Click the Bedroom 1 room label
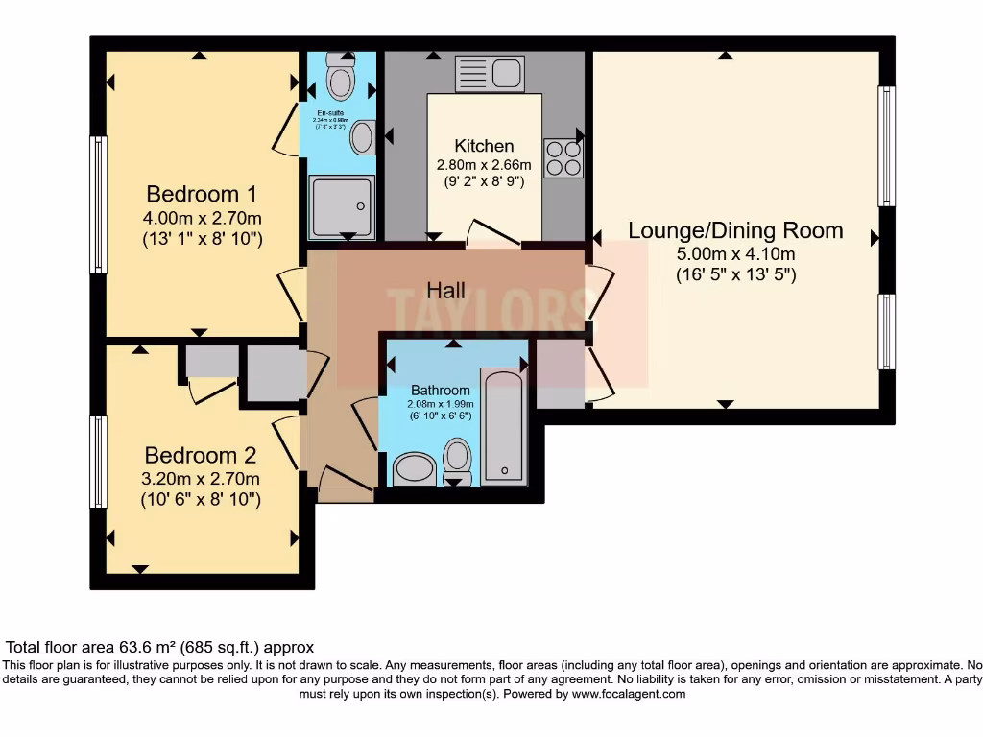tap(202, 193)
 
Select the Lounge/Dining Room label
tap(735, 230)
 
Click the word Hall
tap(446, 290)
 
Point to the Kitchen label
tap(484, 146)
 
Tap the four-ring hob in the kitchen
tap(563, 158)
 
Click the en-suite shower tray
tap(341, 207)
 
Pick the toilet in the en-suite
tap(339, 79)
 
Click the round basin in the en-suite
tap(363, 137)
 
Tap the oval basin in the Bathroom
tap(415, 470)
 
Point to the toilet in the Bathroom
tap(458, 461)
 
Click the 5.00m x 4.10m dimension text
tap(735, 254)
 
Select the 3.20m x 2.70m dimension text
tap(202, 479)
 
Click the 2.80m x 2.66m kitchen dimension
tap(484, 165)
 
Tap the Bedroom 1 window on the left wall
tap(98, 203)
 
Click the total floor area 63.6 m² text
tap(160, 648)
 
